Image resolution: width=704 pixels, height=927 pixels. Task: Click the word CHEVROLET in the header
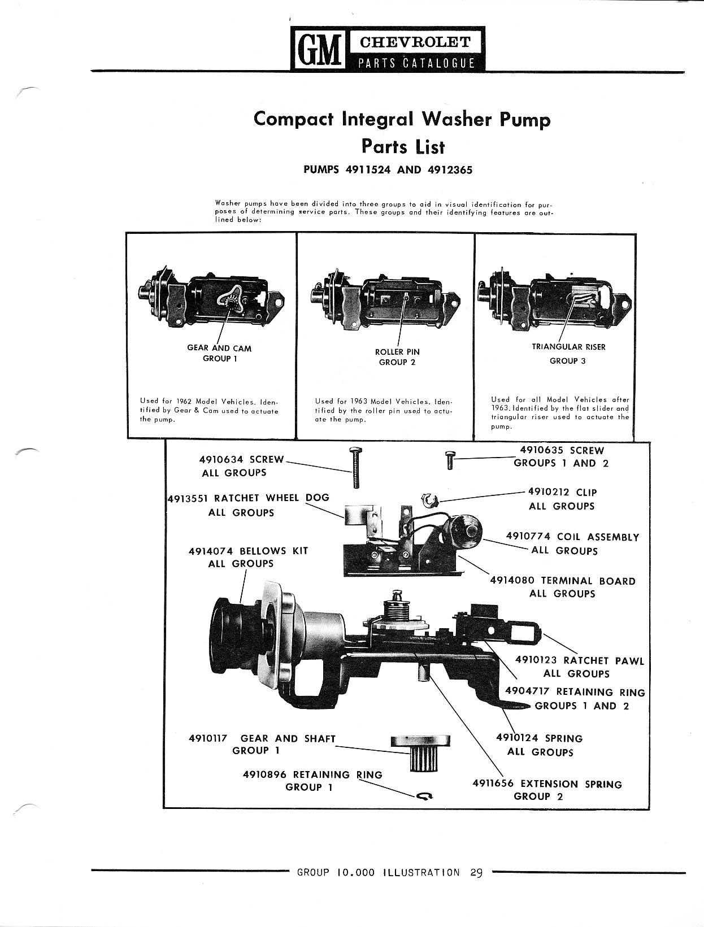(415, 42)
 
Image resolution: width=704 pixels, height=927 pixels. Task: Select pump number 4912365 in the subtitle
(450, 170)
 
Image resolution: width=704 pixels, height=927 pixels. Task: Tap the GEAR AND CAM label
(219, 349)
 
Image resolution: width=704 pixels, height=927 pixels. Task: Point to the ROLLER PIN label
(397, 352)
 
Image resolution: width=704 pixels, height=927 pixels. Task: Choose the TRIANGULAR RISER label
(568, 347)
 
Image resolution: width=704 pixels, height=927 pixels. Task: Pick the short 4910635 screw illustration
(449, 460)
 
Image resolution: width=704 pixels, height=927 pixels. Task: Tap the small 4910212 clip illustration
(429, 501)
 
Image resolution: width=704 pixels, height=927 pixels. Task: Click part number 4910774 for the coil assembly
(528, 536)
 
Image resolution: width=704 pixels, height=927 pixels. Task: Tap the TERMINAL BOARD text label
(588, 581)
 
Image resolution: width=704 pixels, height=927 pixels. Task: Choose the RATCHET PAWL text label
(604, 660)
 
